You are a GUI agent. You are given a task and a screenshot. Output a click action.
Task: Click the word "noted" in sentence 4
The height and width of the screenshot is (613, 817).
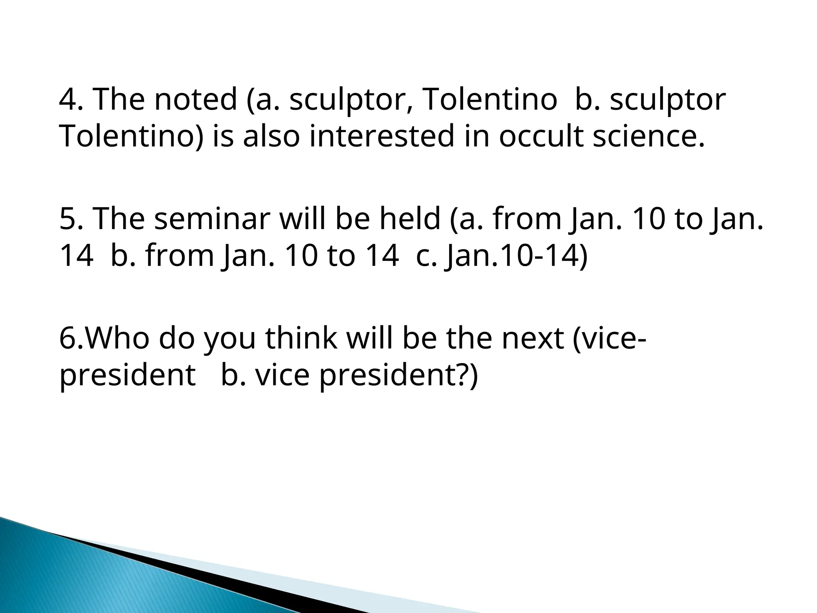(x=195, y=99)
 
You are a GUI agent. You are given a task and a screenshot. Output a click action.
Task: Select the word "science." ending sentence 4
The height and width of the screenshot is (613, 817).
(x=649, y=136)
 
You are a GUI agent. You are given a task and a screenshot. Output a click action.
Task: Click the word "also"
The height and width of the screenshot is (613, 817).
(x=271, y=136)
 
